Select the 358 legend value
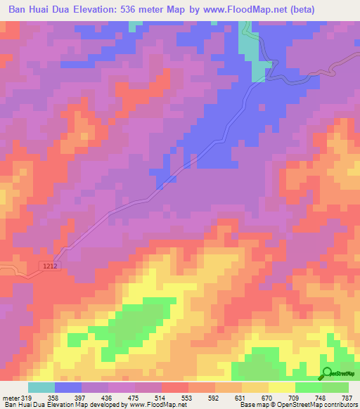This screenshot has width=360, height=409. (x=54, y=397)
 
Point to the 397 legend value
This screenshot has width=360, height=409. (x=81, y=397)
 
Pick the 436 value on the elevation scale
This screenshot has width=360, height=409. (x=108, y=397)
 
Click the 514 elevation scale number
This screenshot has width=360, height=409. (x=161, y=397)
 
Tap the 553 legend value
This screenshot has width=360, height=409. (x=188, y=397)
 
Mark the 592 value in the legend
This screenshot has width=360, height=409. (x=214, y=397)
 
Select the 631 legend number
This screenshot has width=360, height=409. (x=241, y=397)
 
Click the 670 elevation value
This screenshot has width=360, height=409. (x=268, y=397)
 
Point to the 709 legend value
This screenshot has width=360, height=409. (x=295, y=397)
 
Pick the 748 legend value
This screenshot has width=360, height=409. (x=321, y=397)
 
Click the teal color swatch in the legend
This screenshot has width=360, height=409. (x=41, y=387)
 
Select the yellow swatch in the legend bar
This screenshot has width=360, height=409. (x=282, y=387)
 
